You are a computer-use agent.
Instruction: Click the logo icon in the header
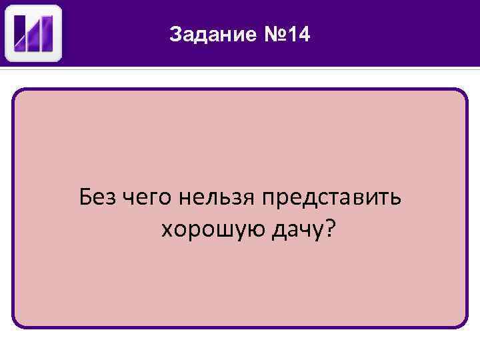click(x=33, y=33)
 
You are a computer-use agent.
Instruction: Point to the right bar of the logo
click(x=48, y=33)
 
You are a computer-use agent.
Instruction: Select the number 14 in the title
click(x=299, y=34)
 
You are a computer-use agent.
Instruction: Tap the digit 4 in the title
click(x=305, y=34)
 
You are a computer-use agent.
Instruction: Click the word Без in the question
click(x=97, y=197)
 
